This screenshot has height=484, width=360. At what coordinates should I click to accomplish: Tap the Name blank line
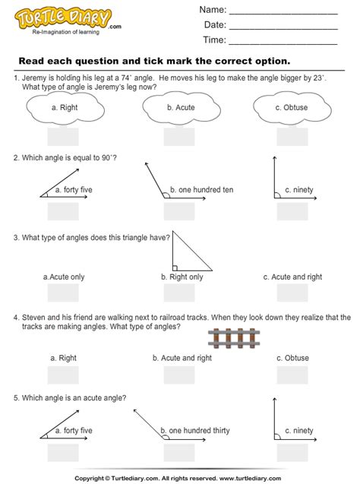[x=283, y=14]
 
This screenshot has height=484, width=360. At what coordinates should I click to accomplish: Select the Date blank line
[x=283, y=29]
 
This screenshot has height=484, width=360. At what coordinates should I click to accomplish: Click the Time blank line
[x=283, y=43]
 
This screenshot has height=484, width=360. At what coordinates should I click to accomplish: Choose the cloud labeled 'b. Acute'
[x=180, y=109]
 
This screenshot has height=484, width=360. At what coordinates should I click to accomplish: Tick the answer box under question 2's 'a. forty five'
[x=63, y=210]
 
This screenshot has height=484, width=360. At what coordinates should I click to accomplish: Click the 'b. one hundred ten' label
[x=196, y=189]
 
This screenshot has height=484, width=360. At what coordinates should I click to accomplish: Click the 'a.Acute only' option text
[x=65, y=277]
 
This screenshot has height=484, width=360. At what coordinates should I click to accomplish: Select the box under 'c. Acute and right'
[x=292, y=295]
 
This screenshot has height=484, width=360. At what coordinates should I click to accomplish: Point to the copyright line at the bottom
[x=180, y=477]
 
